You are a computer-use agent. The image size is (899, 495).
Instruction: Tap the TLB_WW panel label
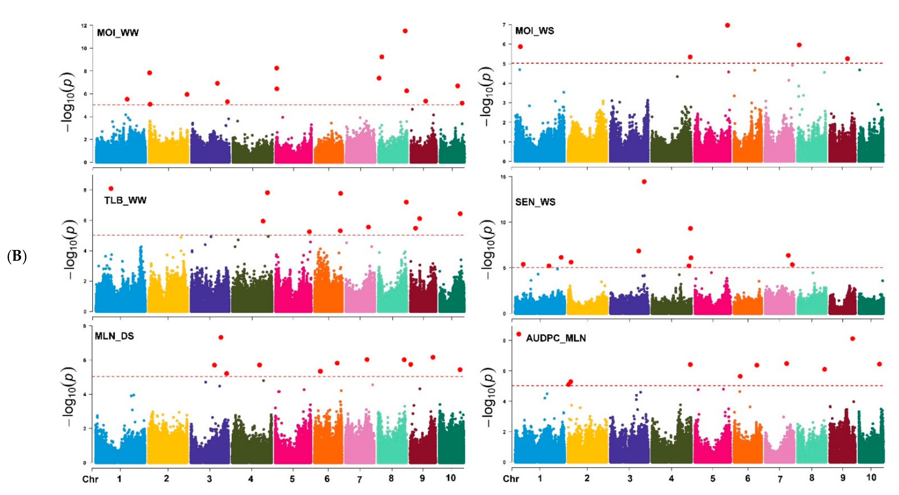click(125, 200)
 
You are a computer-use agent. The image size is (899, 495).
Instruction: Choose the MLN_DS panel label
click(114, 336)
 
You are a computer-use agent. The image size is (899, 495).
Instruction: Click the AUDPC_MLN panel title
click(556, 338)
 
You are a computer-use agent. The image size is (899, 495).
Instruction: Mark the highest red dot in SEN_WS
click(644, 181)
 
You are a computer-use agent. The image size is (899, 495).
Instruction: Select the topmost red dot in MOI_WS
click(727, 25)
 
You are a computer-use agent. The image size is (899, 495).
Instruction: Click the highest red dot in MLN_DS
click(221, 337)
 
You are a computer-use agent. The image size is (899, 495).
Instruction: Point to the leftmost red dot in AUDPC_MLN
click(519, 334)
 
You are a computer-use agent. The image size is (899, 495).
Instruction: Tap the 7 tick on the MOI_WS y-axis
click(504, 25)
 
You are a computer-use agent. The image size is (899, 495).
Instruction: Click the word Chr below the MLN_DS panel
click(90, 479)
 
